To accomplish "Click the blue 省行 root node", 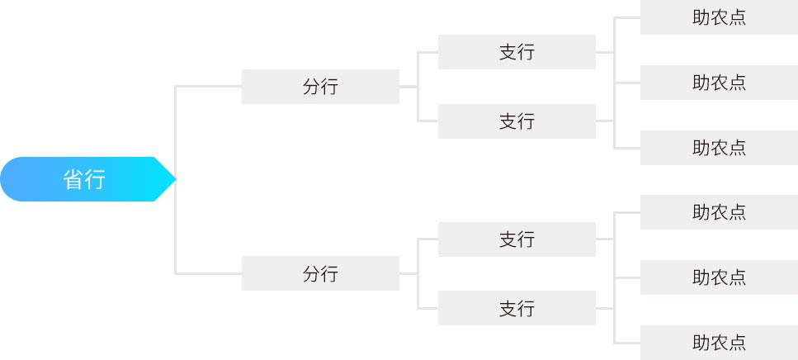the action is coord(87,179).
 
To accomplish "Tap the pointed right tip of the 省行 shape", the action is coord(176,179).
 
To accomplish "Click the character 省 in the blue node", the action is coord(73,180).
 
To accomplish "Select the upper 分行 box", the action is coord(320,87).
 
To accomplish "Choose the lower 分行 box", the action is coord(320,273).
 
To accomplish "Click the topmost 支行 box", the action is coord(517,52).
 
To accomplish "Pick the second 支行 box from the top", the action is coord(517,121).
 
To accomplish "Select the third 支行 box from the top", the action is coord(517,239).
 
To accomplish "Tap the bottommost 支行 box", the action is coord(517,308).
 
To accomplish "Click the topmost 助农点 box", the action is coord(719,17).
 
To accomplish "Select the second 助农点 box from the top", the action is coord(719,83).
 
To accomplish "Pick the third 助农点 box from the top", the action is coord(719,148).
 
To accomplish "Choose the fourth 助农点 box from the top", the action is coord(719,212).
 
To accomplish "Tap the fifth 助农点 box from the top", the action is coord(719,277).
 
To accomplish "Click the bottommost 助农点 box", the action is coord(719,343).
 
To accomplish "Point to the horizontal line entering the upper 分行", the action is coord(208,86).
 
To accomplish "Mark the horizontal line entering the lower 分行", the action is coord(208,274).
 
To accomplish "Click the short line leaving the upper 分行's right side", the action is coord(408,87).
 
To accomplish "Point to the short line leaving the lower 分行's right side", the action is coord(408,274).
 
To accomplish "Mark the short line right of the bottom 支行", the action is coord(605,308).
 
